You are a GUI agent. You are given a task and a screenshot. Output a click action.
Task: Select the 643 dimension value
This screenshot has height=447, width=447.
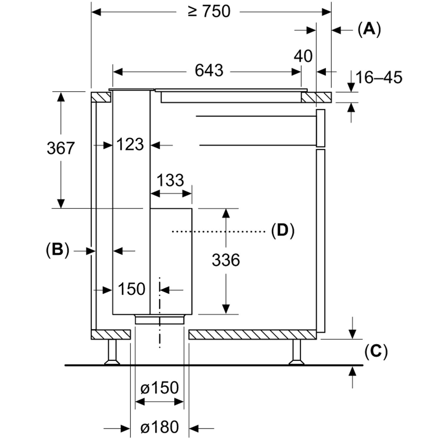pyautogui.click(x=209, y=71)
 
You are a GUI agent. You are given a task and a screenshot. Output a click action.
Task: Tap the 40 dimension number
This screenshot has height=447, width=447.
pyautogui.click(x=303, y=56)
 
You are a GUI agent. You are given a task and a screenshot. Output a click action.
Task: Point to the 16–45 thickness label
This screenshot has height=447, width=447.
pyautogui.click(x=379, y=77)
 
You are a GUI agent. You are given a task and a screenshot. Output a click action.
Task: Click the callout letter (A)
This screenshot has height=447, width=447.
pyautogui.click(x=369, y=30)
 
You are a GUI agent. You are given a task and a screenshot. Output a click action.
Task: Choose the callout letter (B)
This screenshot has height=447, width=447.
pyautogui.click(x=58, y=250)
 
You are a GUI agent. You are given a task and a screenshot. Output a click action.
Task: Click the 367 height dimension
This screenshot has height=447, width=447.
pyautogui.click(x=60, y=148)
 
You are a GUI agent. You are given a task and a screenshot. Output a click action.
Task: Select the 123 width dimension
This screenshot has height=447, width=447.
pyautogui.click(x=130, y=145)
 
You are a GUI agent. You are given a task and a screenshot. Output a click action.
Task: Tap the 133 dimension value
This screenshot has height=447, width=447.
pyautogui.click(x=170, y=180)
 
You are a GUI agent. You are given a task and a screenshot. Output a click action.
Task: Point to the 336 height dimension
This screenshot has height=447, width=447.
pyautogui.click(x=226, y=260)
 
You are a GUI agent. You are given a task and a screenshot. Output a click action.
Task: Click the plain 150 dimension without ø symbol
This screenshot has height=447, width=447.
pyautogui.click(x=132, y=289)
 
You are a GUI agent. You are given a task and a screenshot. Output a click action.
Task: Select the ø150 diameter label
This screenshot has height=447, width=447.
pyautogui.click(x=159, y=388)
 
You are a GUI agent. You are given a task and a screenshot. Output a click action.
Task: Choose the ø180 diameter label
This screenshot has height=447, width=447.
pyautogui.click(x=159, y=427)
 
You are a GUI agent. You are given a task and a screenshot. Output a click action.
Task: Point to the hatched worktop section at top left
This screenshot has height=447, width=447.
pyautogui.click(x=101, y=97)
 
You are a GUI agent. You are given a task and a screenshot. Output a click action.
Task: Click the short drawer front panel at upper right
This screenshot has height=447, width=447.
pyautogui.click(x=321, y=128)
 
